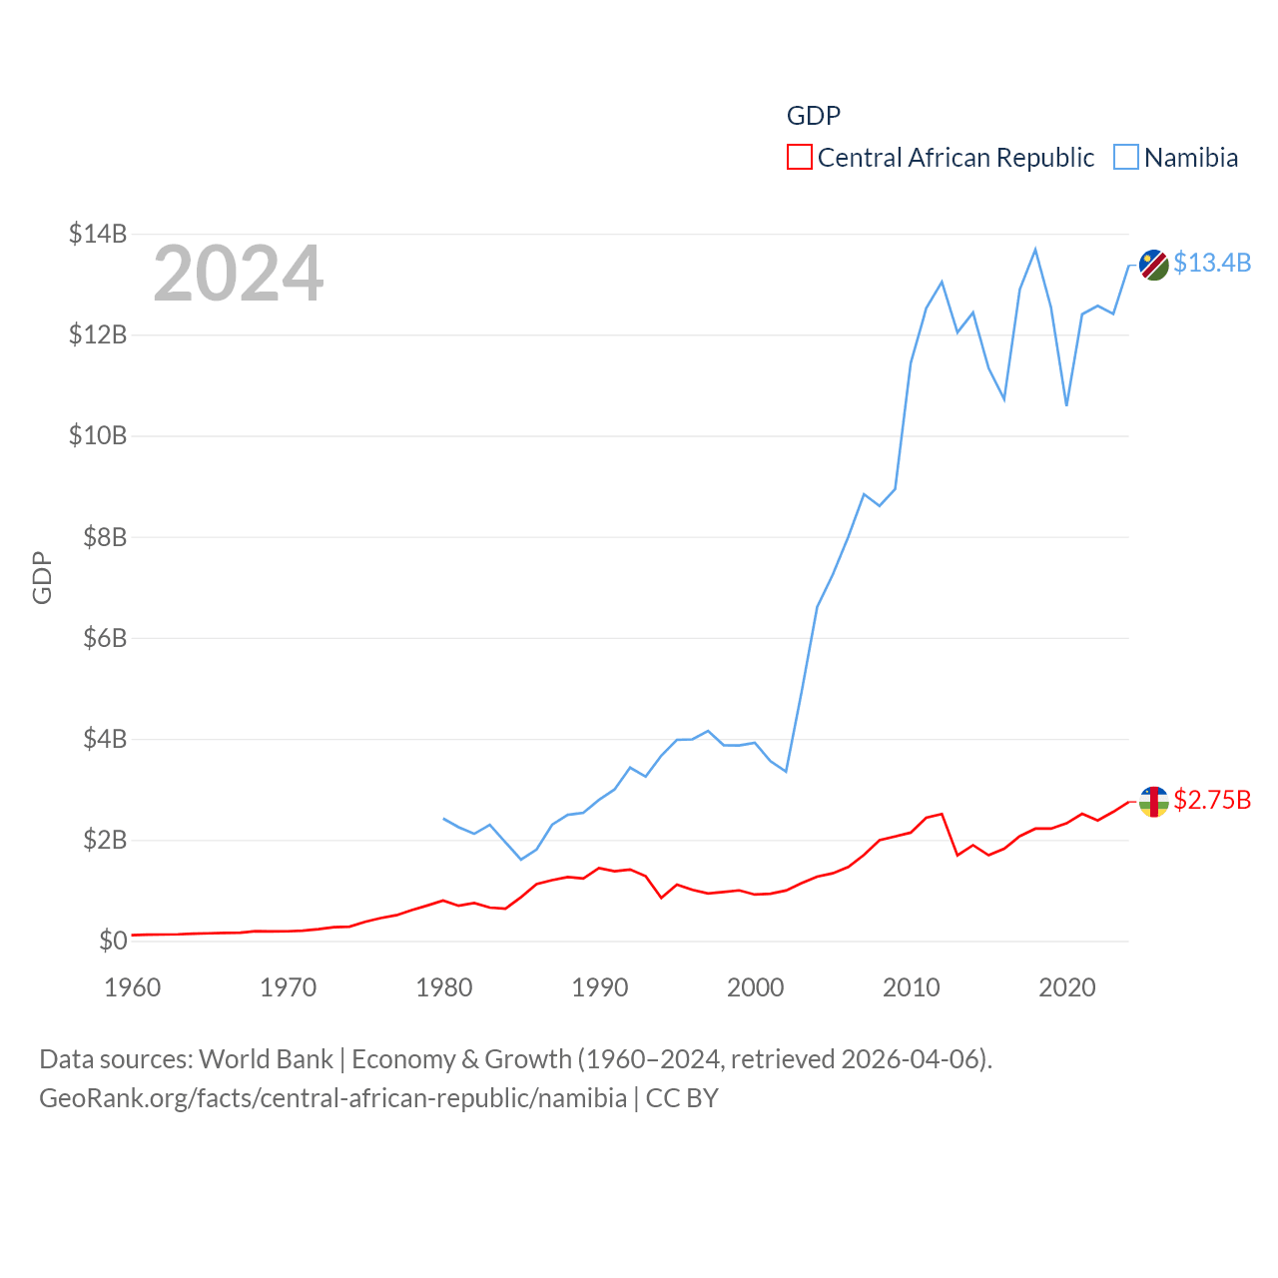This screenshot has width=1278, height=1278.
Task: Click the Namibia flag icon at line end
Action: point(1154,265)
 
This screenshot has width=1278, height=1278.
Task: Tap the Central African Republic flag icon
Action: point(1154,802)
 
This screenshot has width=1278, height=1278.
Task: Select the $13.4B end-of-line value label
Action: point(1212,263)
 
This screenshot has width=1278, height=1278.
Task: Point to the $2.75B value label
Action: point(1212,800)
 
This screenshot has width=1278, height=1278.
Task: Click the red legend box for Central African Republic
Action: point(800,158)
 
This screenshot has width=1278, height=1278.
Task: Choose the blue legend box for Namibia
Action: point(1126,158)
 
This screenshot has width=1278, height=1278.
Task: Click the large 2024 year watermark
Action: point(238,273)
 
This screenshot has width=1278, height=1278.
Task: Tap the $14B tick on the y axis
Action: point(98,234)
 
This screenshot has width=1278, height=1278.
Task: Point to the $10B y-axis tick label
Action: point(98,435)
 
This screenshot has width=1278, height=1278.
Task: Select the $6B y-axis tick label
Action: point(105,637)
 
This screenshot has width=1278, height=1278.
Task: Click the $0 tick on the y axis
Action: point(113,941)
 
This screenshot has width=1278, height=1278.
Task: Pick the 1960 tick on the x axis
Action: point(133,987)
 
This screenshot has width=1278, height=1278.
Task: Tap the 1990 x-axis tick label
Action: point(600,987)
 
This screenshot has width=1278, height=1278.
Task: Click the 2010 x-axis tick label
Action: point(912,987)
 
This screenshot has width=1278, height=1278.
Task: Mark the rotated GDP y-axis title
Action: point(42,577)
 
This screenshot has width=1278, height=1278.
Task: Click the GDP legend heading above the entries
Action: point(814,116)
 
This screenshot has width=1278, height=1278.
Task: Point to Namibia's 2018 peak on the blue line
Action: point(1035,249)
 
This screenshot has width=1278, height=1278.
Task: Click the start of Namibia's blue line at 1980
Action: point(444,819)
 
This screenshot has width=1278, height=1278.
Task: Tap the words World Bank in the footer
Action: point(267,1058)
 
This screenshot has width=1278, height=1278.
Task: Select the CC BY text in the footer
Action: point(682,1098)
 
